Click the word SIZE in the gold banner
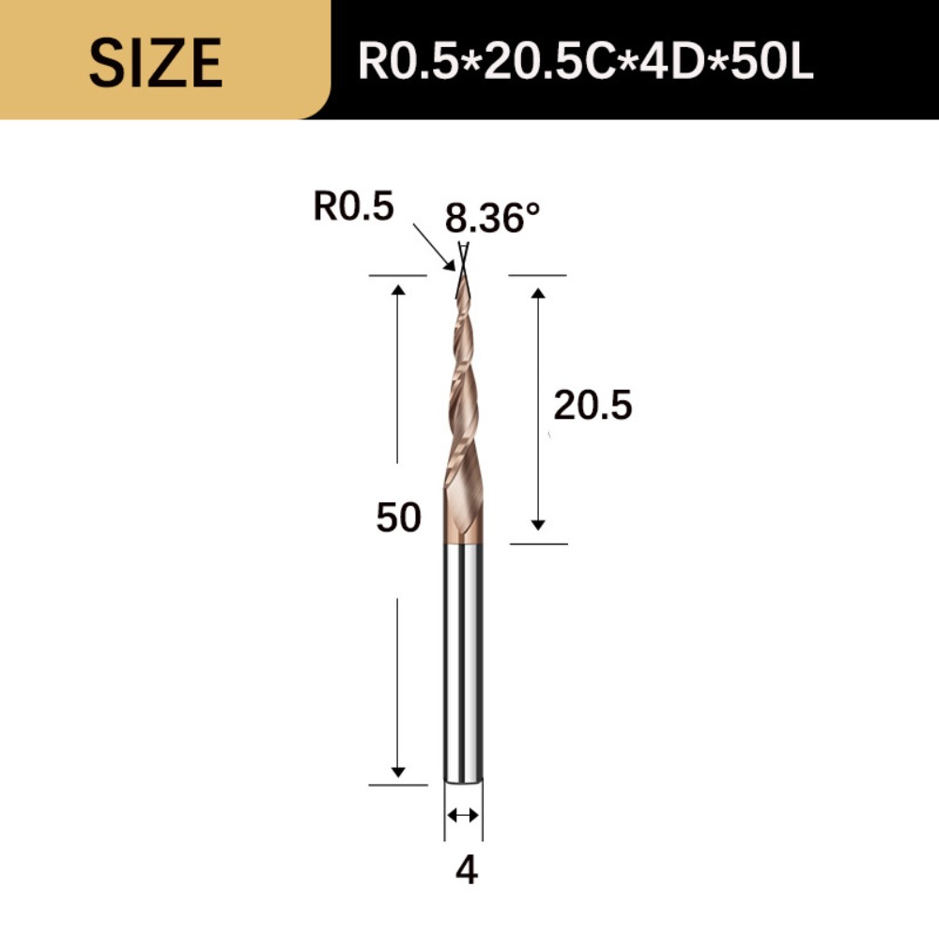(x=156, y=62)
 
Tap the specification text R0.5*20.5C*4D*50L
(x=586, y=62)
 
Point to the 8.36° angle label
(x=493, y=219)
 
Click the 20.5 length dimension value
(x=593, y=406)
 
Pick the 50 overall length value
(x=398, y=517)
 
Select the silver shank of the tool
(x=464, y=657)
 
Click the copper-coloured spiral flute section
(x=462, y=423)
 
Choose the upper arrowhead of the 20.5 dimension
(x=538, y=292)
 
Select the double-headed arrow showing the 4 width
(x=463, y=815)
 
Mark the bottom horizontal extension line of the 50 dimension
(x=398, y=784)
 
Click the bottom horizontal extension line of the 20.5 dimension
(x=538, y=544)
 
